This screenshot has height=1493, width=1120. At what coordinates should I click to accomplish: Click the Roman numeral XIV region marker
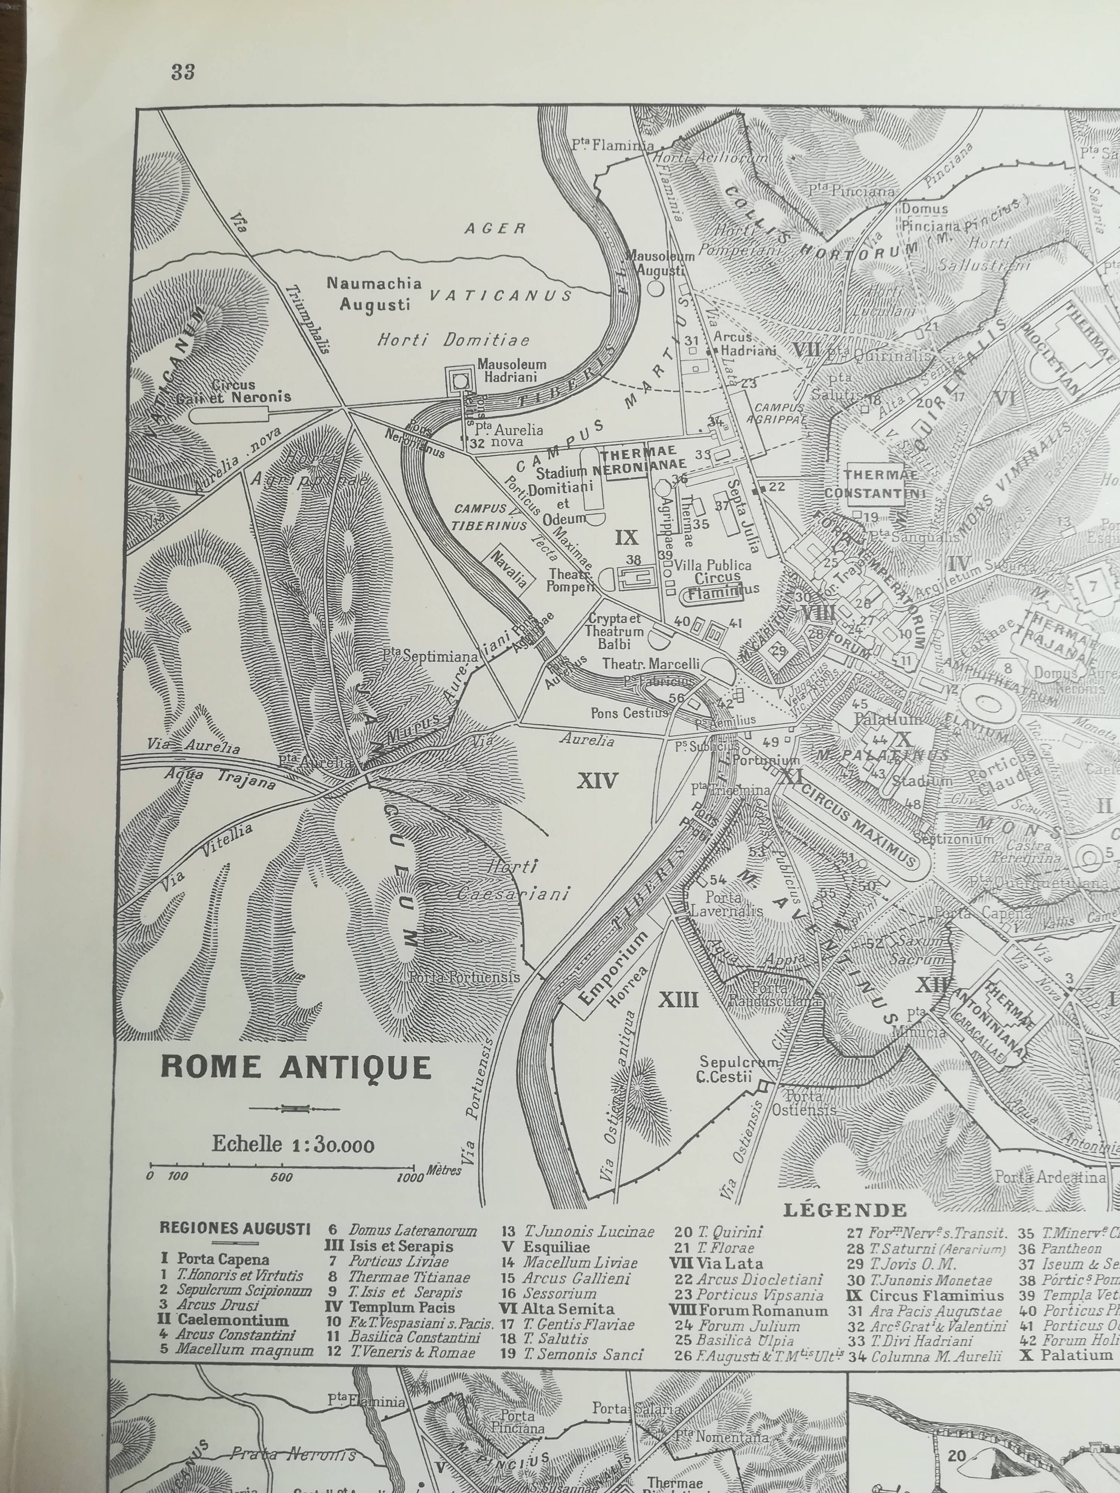coord(598,781)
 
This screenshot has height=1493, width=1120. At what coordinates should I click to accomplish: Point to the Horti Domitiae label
coord(453,340)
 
